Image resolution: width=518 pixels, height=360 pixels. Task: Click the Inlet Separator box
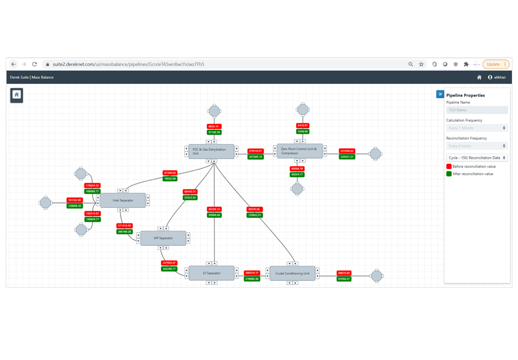tap(123, 200)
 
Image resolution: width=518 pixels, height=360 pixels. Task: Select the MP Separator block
tap(163, 238)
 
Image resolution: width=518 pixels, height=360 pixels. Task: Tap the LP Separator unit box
tap(211, 273)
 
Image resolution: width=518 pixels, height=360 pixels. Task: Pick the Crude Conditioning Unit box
tap(292, 273)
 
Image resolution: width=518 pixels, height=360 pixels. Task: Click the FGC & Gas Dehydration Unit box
tap(211, 151)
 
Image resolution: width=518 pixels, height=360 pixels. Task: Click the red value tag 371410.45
tap(124, 226)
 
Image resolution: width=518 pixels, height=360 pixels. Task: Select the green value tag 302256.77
tap(169, 269)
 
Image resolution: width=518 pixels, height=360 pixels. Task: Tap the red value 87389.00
tap(170, 173)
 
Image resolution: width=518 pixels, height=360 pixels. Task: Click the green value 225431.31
tap(347, 157)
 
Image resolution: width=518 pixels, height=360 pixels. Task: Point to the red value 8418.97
tap(303, 125)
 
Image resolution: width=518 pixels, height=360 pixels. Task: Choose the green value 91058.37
tap(344, 279)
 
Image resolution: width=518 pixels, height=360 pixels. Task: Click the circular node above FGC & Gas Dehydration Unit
tap(214, 111)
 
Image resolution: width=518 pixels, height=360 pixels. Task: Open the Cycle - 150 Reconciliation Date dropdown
tap(477, 158)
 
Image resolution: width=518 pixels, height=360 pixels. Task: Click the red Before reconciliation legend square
tap(449, 166)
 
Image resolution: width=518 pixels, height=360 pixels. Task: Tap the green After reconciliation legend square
tap(449, 174)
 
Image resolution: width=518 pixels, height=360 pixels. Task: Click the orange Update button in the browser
tap(495, 64)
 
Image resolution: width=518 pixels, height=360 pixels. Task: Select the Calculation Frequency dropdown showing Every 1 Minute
tap(477, 128)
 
